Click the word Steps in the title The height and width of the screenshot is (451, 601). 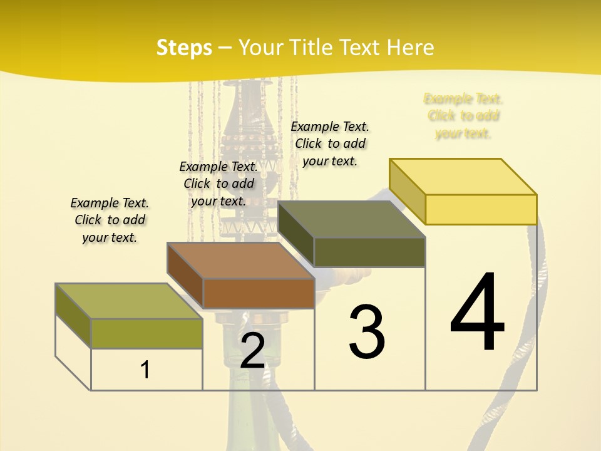[184, 48]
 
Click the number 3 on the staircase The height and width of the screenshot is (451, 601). [367, 332]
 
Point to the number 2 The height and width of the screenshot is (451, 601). [252, 351]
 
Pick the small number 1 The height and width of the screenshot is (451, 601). [145, 370]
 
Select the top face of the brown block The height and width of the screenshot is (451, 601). [241, 261]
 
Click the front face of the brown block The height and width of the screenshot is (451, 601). [259, 293]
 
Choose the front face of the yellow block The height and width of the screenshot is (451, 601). [481, 209]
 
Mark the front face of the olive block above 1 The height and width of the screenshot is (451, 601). [146, 333]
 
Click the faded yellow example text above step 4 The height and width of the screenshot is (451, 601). [463, 116]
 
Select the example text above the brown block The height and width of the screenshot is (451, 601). [218, 184]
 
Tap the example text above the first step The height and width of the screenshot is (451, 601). [110, 220]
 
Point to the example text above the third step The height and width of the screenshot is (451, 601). [330, 143]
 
